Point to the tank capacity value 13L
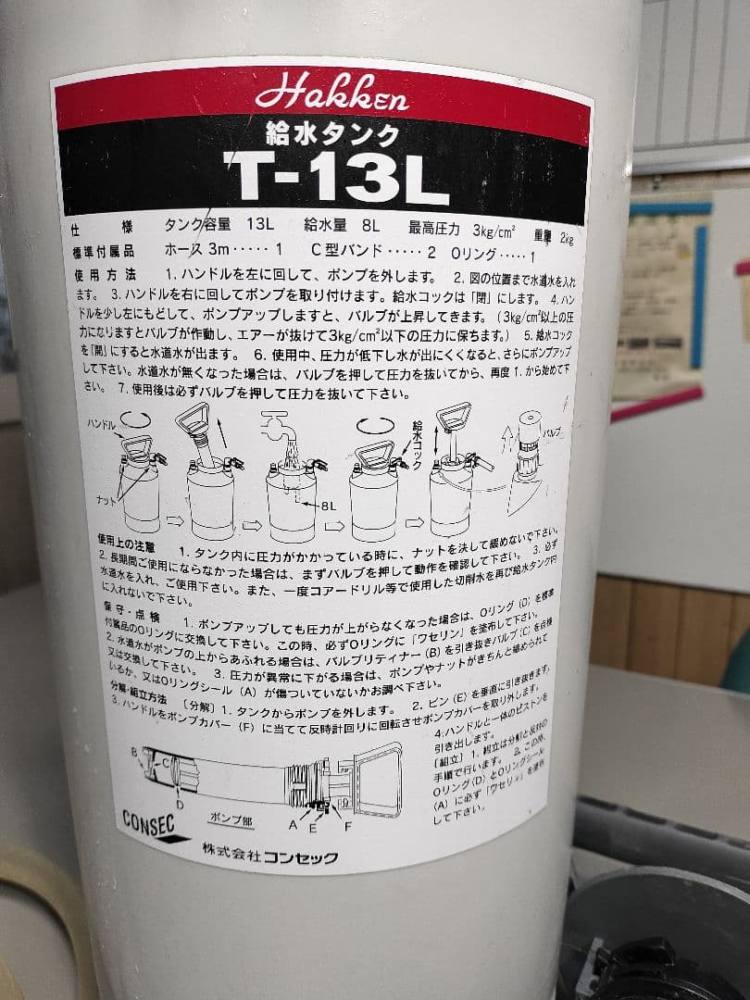pyautogui.click(x=256, y=225)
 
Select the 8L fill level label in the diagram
pyautogui.click(x=325, y=506)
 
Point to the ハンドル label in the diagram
pyautogui.click(x=102, y=422)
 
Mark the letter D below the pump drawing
pyautogui.click(x=180, y=806)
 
